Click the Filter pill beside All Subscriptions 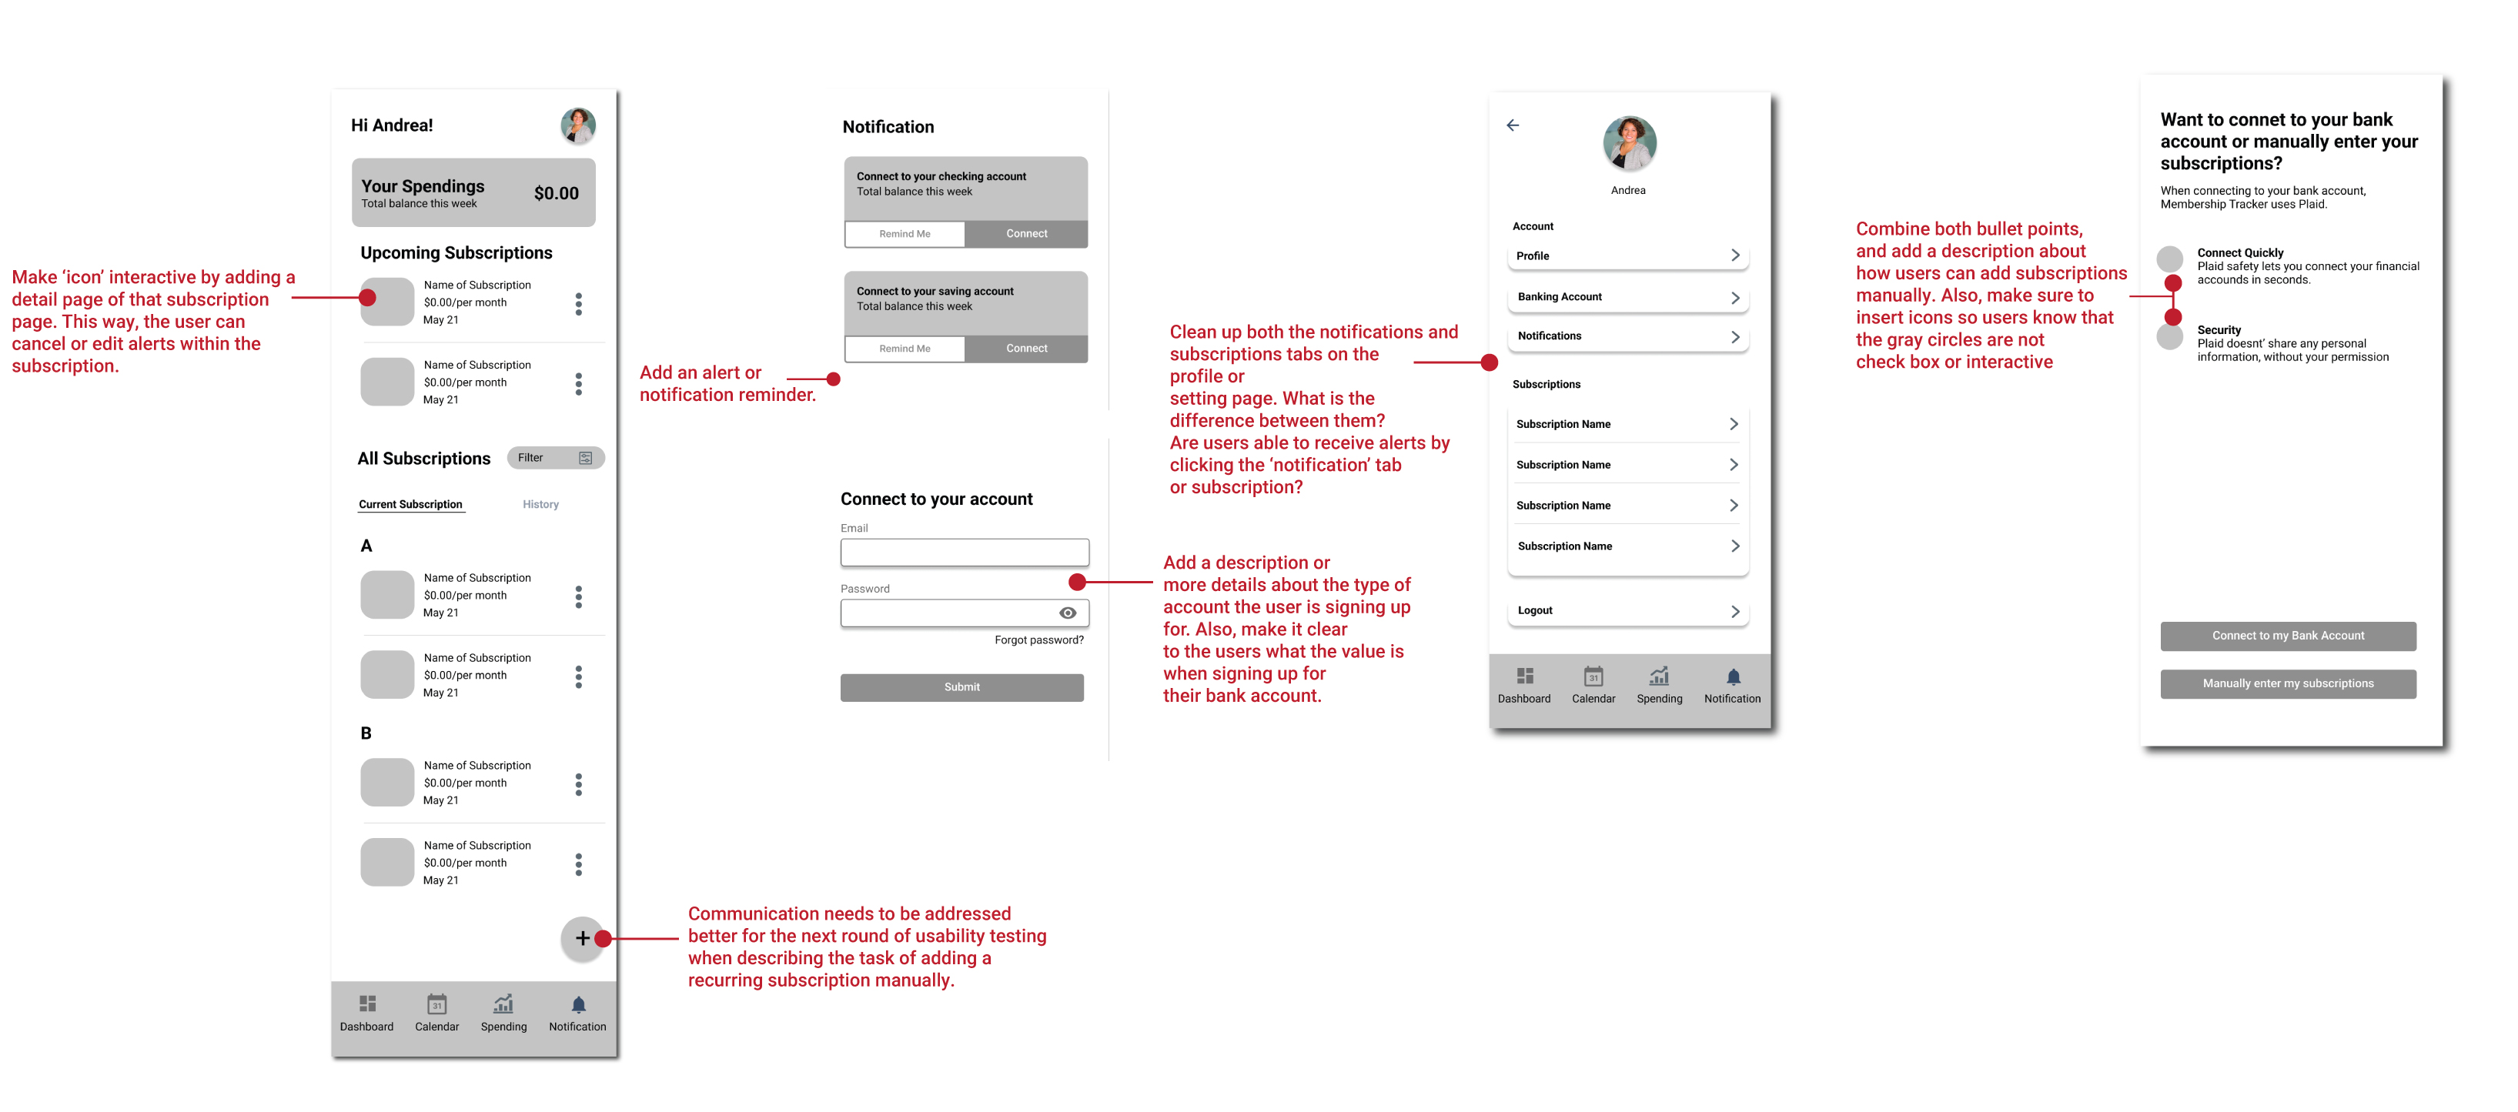coord(555,457)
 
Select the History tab coord(540,504)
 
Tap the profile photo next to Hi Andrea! coord(577,126)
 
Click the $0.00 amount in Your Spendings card coord(557,193)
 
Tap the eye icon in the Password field coord(1068,613)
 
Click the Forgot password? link coord(1038,640)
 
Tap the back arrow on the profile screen coord(1512,125)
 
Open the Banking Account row coord(1627,297)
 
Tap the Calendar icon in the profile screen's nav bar coord(1593,676)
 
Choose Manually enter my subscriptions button coord(2287,684)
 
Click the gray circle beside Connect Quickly coord(2169,259)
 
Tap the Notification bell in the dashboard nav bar coord(577,1004)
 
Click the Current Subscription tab coord(410,504)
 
